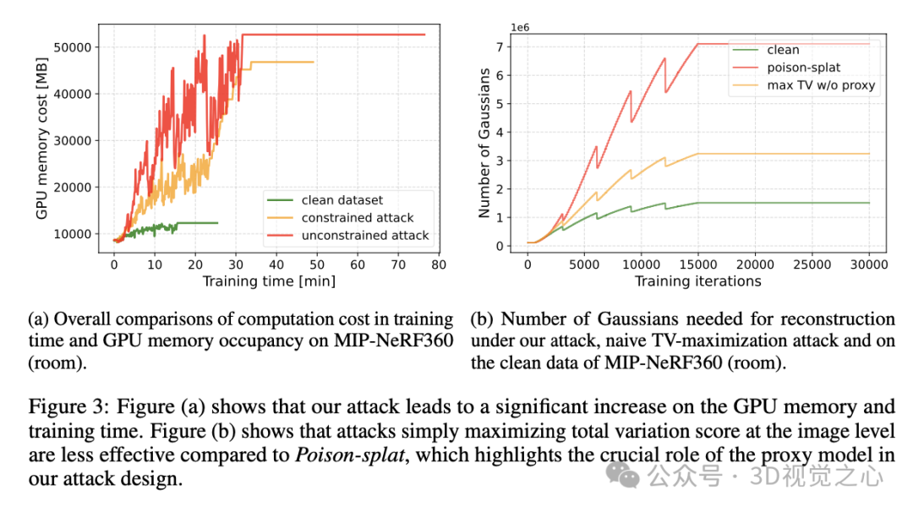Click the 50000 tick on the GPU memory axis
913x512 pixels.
(74, 46)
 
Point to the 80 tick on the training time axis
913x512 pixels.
(438, 263)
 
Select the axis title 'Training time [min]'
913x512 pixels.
(269, 280)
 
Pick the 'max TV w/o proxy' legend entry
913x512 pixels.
(821, 85)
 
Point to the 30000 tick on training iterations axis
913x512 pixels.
(870, 264)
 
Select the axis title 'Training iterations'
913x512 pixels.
(698, 281)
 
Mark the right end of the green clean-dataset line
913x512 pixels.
(217, 223)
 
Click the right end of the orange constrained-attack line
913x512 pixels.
(314, 62)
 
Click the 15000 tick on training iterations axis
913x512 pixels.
(697, 264)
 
